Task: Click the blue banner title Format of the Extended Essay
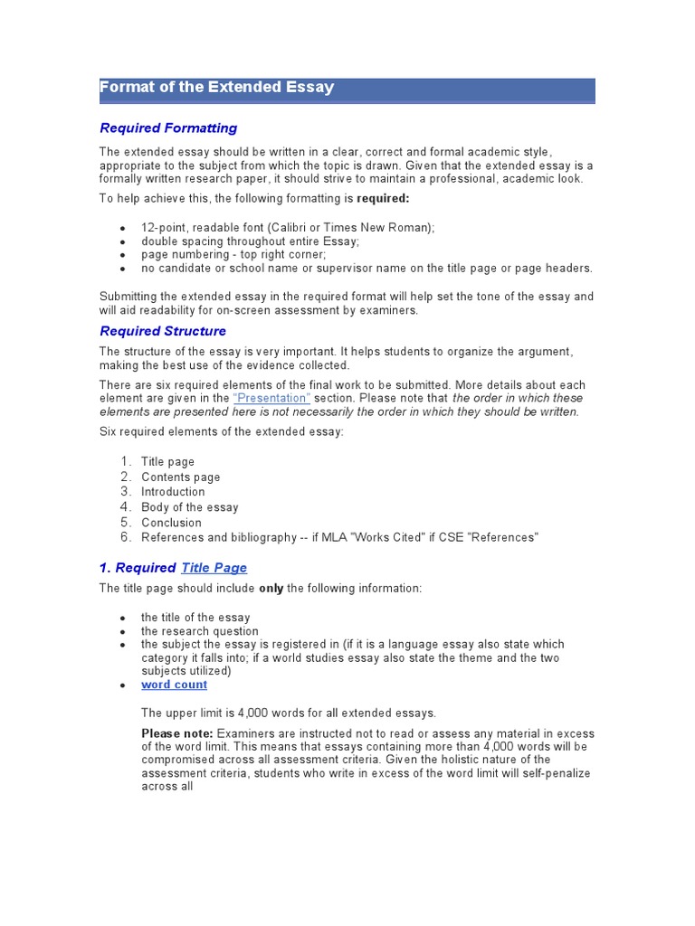(216, 88)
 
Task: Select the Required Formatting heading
(168, 128)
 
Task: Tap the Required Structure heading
(163, 331)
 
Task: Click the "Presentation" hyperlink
(271, 398)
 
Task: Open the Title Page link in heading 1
(214, 568)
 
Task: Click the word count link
(174, 685)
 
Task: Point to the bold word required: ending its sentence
(383, 198)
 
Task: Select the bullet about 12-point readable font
(288, 228)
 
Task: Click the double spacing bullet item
(250, 241)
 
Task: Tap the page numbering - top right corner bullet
(233, 255)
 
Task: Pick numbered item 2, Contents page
(180, 477)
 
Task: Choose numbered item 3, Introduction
(173, 492)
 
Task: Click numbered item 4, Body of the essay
(189, 507)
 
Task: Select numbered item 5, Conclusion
(171, 523)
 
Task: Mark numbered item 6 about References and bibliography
(339, 537)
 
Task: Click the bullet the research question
(199, 631)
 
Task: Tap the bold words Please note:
(177, 733)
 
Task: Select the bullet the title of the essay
(195, 618)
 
